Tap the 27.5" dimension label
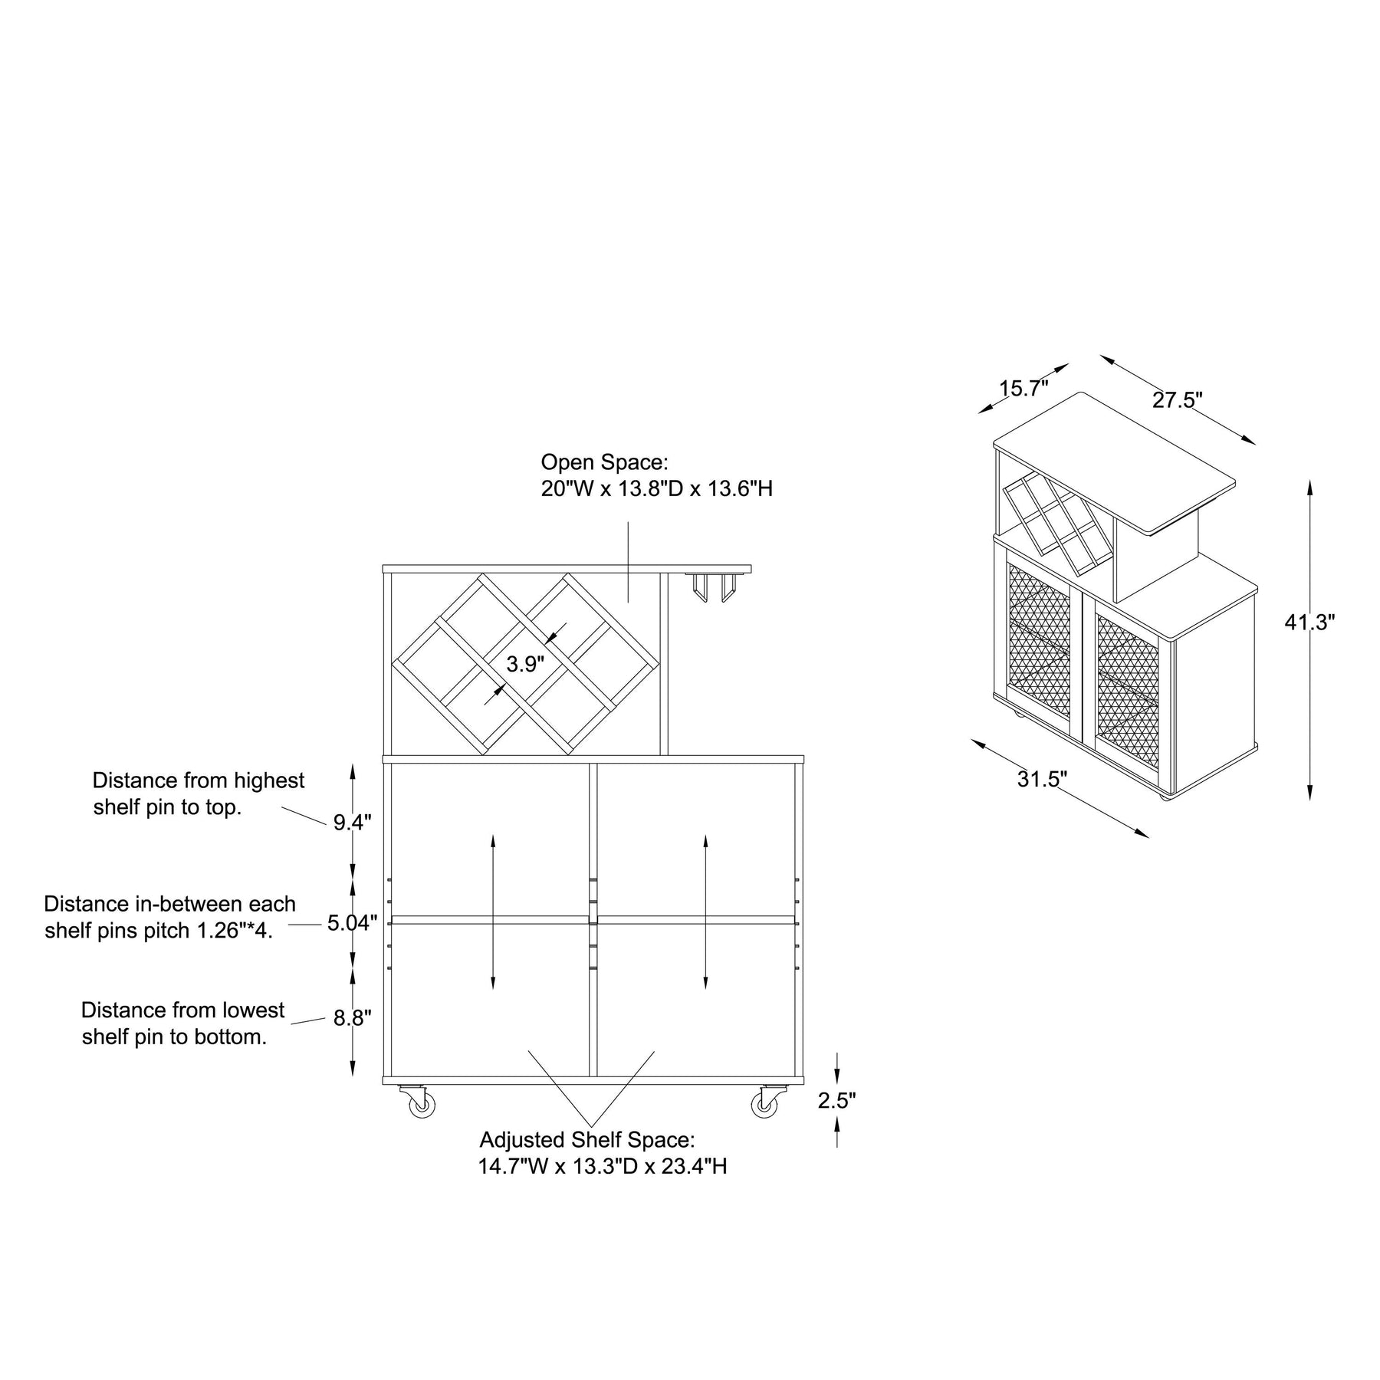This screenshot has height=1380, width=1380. point(1178,400)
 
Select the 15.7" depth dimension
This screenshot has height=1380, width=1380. point(1024,389)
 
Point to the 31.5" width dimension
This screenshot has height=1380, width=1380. point(1043,780)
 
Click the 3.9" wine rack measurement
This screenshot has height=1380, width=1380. point(525,664)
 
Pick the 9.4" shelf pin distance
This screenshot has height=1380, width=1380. point(352,823)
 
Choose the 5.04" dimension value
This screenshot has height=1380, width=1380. point(353,923)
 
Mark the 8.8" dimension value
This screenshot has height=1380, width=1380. point(352,1018)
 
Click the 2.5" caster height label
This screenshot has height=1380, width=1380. point(837,1101)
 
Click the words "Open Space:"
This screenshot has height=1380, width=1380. point(605,462)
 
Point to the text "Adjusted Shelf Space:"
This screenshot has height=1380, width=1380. point(587,1140)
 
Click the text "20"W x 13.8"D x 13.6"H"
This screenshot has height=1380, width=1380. point(657,488)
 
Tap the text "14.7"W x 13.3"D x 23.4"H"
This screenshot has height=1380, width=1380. point(603,1166)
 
